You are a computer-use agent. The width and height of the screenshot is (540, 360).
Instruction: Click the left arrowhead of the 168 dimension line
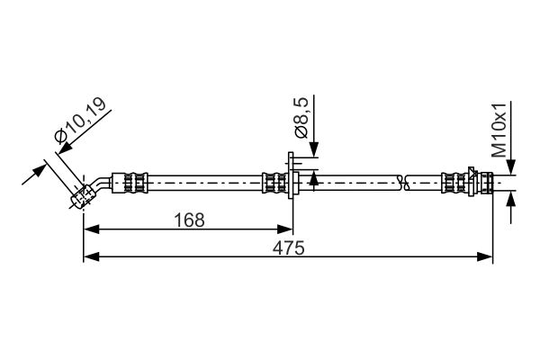point(88,229)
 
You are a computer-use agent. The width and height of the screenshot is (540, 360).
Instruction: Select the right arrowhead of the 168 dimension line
point(288,229)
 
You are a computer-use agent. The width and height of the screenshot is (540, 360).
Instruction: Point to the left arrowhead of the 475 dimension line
point(88,258)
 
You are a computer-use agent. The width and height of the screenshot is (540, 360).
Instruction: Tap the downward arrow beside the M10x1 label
point(511,167)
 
